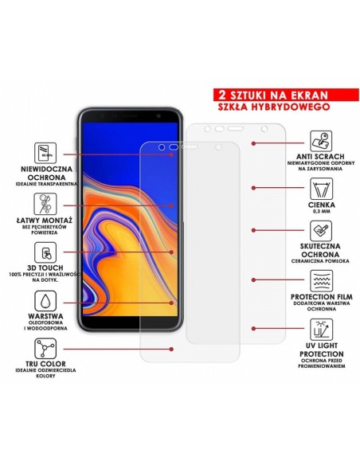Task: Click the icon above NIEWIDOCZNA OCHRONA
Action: [x=46, y=152]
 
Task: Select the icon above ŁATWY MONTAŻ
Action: [x=46, y=201]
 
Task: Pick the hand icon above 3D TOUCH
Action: [x=46, y=249]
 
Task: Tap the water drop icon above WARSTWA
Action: [x=46, y=300]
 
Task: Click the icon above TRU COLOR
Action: [x=46, y=349]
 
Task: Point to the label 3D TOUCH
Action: [x=47, y=270]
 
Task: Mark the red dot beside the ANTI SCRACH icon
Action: [x=252, y=145]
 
